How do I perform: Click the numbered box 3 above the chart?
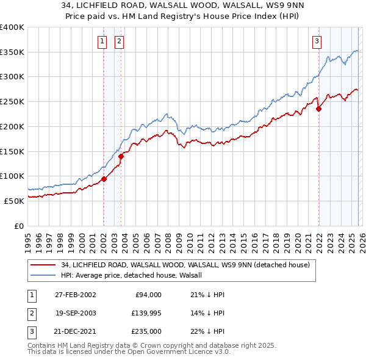(317, 41)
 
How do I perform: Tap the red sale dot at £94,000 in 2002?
(104, 179)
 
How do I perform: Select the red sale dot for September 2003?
(121, 156)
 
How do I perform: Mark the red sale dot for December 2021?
(318, 109)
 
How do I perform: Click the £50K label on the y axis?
(15, 200)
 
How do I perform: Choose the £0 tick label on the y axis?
(20, 225)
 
